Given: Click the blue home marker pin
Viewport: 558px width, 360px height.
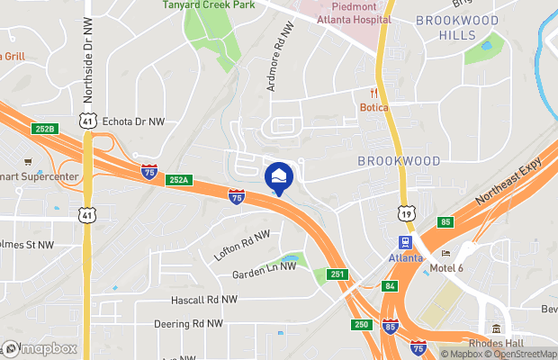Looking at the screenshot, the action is pyautogui.click(x=279, y=175).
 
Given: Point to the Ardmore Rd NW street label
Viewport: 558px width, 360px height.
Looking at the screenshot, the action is pyautogui.click(x=280, y=58).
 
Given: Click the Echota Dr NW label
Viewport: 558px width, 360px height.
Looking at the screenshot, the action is pyautogui.click(x=134, y=121).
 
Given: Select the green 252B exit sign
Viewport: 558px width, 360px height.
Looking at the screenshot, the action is pyautogui.click(x=45, y=129).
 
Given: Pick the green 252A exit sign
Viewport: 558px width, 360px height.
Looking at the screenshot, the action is pyautogui.click(x=178, y=180).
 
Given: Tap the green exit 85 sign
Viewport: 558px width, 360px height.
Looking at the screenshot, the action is pyautogui.click(x=445, y=221).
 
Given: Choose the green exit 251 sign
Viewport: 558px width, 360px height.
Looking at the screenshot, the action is pyautogui.click(x=337, y=274).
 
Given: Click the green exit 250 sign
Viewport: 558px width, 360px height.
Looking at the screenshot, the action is pyautogui.click(x=360, y=323).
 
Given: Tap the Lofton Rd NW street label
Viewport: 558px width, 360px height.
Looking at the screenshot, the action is pyautogui.click(x=243, y=244).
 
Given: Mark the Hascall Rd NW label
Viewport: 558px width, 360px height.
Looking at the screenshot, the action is pyautogui.click(x=204, y=300).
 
